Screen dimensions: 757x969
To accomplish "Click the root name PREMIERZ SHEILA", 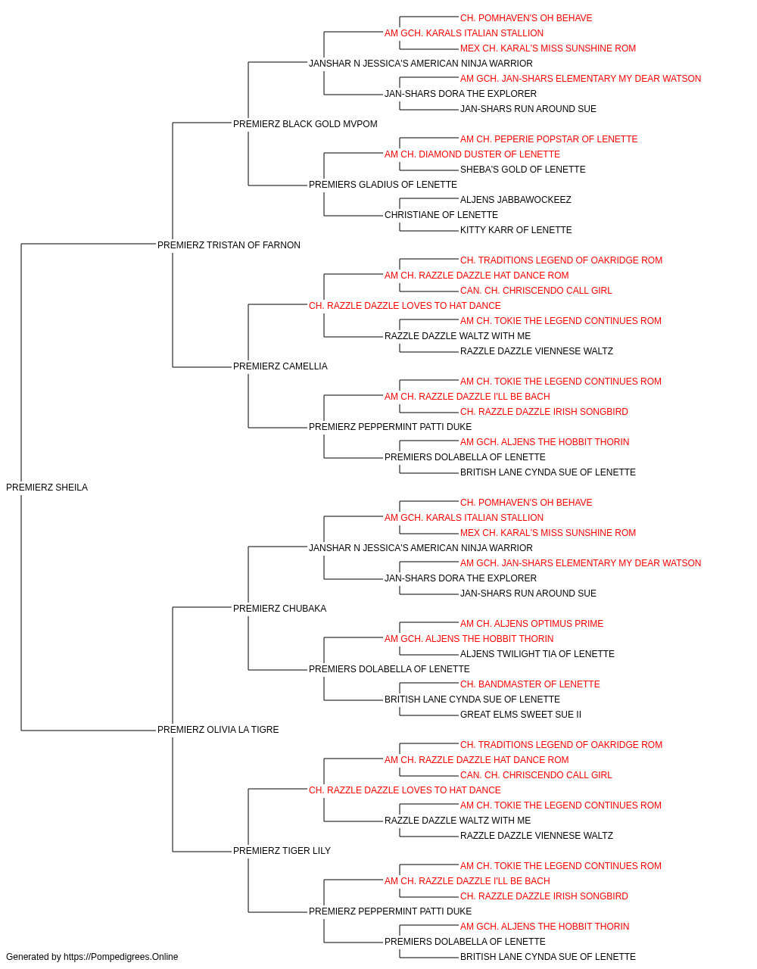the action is coord(47,488).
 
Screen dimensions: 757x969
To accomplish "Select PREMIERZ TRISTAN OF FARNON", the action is coord(229,245).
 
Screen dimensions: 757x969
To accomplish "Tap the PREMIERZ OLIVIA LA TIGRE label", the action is coord(218,730).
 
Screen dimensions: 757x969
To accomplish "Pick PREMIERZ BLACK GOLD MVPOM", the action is coord(305,124).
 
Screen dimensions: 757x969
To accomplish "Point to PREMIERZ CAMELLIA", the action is coord(280,366).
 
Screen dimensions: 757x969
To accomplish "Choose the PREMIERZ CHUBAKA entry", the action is coord(279,608).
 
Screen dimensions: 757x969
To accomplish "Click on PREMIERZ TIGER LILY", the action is coord(282,851).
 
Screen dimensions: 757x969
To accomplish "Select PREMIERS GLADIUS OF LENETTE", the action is coord(383,185).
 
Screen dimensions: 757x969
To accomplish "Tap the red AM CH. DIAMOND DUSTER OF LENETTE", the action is coord(472,154).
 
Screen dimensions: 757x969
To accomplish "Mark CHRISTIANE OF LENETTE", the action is coord(441,215).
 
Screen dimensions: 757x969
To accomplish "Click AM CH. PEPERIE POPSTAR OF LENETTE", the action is coord(549,139).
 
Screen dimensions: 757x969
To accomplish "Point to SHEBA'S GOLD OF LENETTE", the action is coord(522,170).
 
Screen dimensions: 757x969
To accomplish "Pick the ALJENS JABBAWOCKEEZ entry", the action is coord(516,200).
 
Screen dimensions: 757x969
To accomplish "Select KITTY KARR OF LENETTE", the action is coord(516,230).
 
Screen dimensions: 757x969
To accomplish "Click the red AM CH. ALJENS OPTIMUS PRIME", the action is coord(531,623).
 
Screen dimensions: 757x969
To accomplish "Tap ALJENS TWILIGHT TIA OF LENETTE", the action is coord(537,654).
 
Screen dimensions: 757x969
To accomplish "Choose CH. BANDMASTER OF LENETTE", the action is coord(530,684).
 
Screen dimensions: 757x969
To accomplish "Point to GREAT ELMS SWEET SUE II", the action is coord(521,715).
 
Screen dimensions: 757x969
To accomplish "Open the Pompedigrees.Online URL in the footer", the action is coord(121,957).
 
